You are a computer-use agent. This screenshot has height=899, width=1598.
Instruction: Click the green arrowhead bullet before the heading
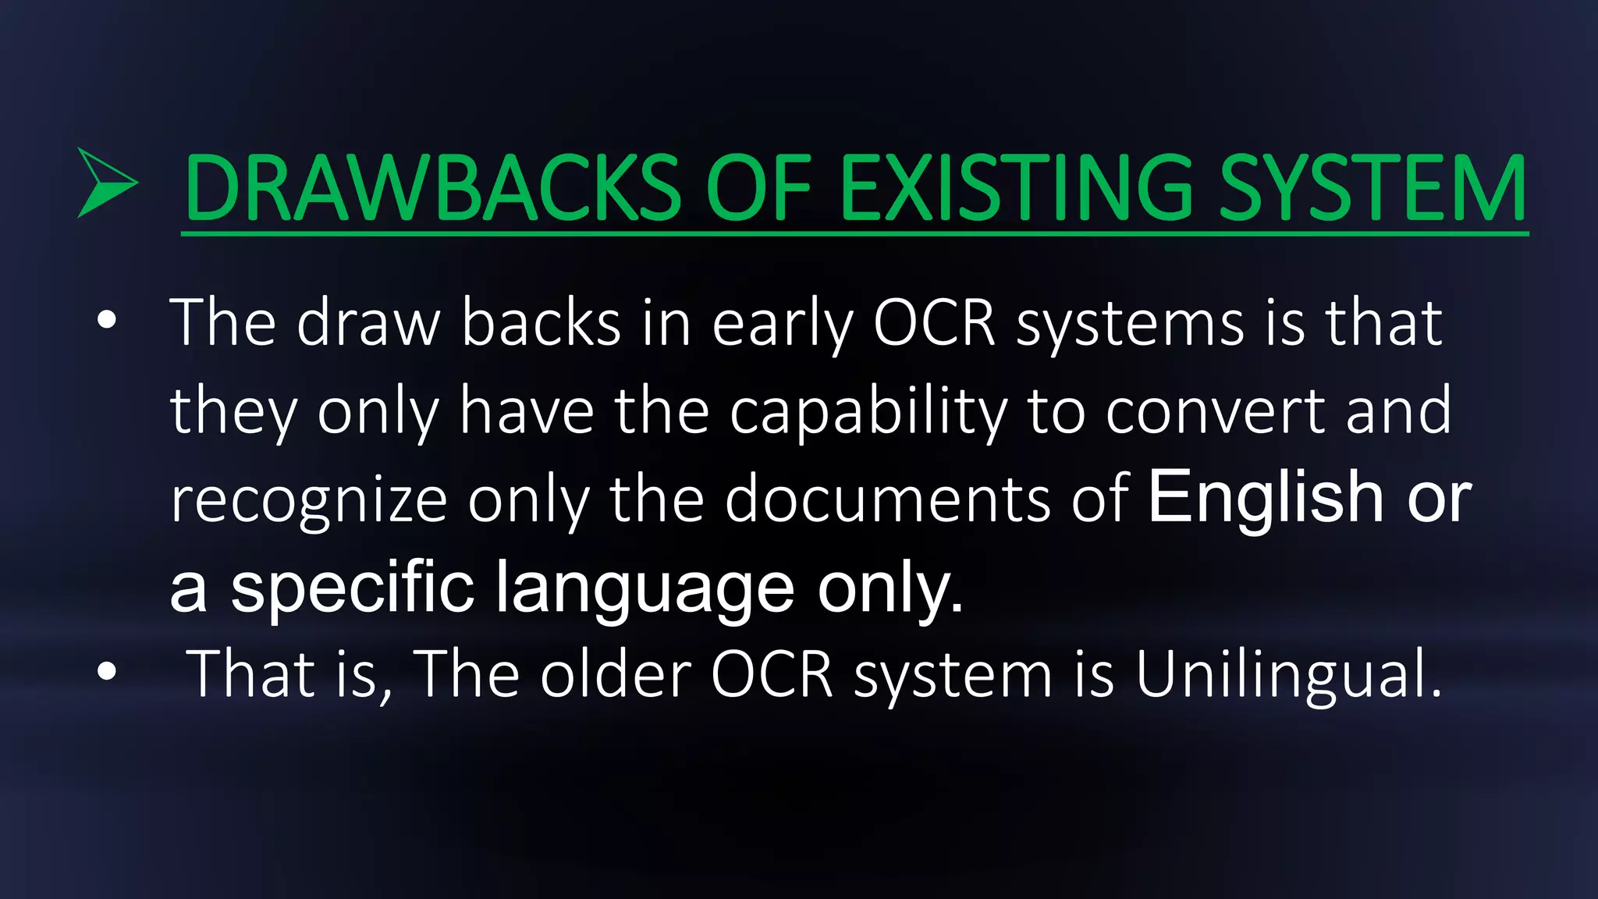click(106, 183)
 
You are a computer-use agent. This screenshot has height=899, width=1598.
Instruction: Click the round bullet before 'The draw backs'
click(108, 321)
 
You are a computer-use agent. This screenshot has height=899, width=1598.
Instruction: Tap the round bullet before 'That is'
click(108, 671)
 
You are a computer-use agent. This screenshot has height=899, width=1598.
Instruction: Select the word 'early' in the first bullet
click(783, 325)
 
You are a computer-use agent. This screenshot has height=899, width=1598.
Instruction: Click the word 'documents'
click(887, 499)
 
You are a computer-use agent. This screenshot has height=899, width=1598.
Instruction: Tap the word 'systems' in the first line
click(1130, 325)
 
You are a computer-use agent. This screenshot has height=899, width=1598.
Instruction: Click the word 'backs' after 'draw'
click(541, 323)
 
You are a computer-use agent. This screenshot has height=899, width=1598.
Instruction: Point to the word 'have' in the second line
click(527, 411)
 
